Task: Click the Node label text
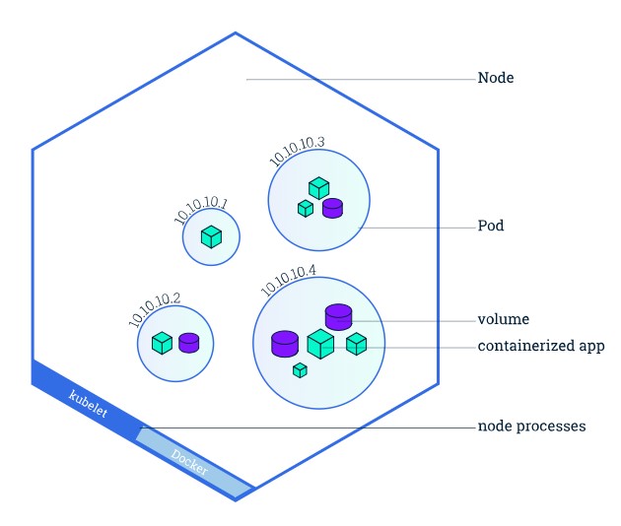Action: pos(495,78)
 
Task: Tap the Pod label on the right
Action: pos(491,227)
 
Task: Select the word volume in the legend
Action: pos(503,320)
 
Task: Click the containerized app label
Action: pos(540,347)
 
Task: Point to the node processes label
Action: pos(531,427)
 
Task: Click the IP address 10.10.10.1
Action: pos(201,212)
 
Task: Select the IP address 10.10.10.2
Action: pos(155,309)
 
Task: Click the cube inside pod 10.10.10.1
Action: pos(211,237)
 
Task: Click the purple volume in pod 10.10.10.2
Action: pos(188,343)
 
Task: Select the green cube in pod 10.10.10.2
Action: pos(163,343)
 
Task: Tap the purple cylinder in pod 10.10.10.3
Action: pos(332,208)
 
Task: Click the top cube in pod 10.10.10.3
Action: pos(318,187)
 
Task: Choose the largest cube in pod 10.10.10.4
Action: pos(320,344)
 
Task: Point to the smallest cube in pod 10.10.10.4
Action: pos(300,370)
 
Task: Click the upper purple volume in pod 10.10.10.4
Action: pos(338,316)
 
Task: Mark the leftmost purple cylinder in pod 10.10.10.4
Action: pos(285,343)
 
